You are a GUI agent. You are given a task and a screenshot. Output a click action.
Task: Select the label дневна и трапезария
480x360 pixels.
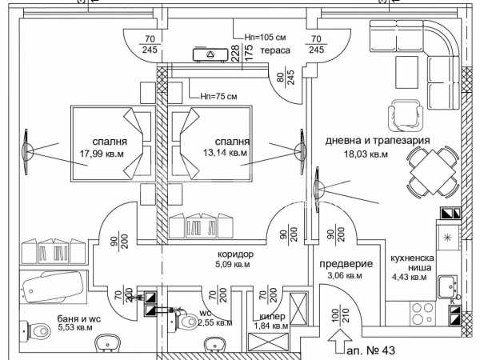pos(378,140)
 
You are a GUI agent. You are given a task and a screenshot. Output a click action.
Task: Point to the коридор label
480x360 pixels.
pos(235,254)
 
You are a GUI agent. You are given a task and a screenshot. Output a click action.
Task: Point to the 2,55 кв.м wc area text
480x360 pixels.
pos(215,323)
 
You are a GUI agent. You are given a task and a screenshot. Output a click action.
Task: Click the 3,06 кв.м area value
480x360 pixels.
pos(344,276)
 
